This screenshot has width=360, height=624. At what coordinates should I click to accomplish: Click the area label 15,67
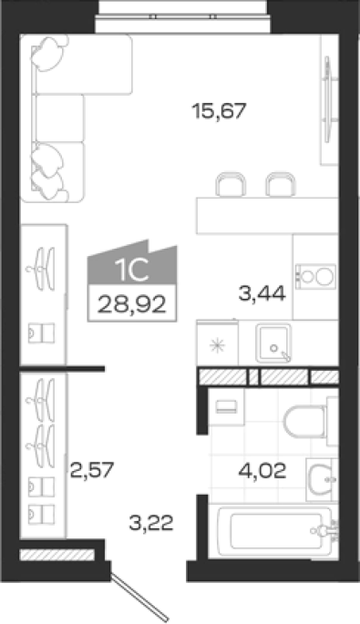(x=220, y=111)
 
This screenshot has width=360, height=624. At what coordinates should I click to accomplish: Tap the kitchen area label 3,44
(x=262, y=294)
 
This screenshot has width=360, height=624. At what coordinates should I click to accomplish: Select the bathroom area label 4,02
(x=262, y=471)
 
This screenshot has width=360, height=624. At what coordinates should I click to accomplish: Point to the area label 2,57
(x=92, y=470)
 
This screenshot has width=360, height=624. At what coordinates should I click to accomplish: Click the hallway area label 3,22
(x=151, y=523)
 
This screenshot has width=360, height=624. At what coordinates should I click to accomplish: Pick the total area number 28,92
(x=132, y=305)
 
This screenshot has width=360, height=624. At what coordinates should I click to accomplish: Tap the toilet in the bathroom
(x=310, y=421)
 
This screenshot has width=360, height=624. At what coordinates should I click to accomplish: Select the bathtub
(x=274, y=531)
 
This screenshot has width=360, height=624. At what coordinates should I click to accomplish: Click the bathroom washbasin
(x=322, y=479)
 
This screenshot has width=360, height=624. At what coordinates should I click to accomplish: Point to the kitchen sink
(x=273, y=343)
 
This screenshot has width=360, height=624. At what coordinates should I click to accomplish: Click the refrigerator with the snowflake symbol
(x=218, y=343)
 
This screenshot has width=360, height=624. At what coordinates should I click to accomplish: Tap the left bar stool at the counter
(x=231, y=184)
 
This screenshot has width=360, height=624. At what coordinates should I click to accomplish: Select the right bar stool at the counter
(x=281, y=184)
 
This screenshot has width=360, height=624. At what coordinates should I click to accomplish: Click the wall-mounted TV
(x=327, y=99)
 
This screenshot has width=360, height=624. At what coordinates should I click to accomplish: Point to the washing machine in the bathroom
(x=226, y=407)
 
